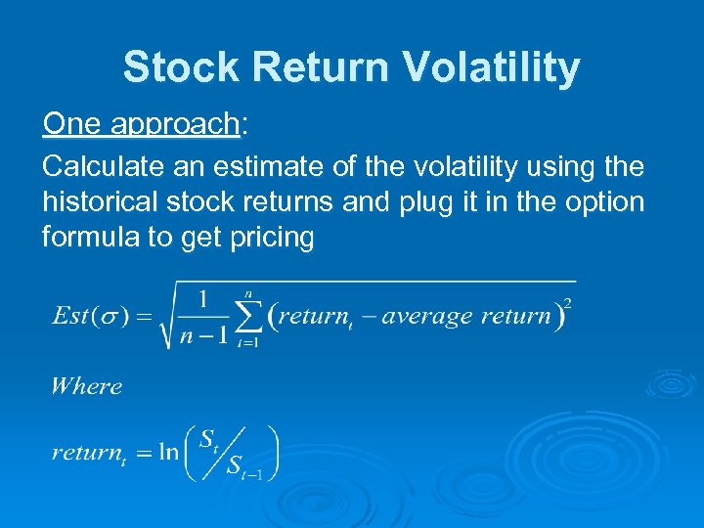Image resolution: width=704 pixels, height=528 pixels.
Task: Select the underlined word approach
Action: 176,124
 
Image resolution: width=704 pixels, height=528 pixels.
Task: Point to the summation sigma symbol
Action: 250,316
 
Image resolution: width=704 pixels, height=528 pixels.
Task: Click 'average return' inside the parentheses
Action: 466,316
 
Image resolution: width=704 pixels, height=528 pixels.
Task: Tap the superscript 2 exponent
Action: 568,303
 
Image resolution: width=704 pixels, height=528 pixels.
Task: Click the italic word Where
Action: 87,385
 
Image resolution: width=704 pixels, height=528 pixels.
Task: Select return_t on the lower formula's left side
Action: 89,454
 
